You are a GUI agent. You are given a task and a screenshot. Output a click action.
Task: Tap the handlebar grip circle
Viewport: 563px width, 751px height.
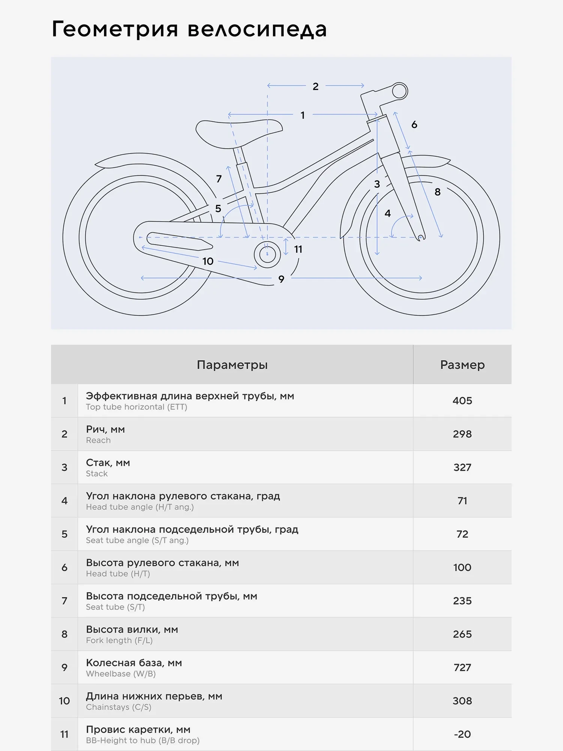(400, 91)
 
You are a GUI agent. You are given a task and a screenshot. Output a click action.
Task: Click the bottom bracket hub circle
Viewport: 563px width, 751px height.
(267, 254)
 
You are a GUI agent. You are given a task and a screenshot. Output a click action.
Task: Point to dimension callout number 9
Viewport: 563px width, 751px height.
(281, 279)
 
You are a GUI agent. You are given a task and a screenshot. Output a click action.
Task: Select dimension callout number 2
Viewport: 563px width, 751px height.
(315, 86)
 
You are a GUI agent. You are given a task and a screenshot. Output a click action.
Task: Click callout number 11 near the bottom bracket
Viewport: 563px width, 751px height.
(298, 249)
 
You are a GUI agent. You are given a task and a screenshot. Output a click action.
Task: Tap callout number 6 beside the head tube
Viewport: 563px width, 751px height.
(414, 125)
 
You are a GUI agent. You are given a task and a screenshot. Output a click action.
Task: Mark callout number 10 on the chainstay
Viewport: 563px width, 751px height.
(208, 261)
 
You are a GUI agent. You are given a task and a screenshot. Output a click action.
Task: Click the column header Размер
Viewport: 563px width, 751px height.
(462, 365)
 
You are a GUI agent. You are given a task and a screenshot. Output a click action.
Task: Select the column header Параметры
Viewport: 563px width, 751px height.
(232, 365)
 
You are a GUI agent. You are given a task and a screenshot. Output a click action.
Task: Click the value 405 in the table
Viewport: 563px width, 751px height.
(462, 401)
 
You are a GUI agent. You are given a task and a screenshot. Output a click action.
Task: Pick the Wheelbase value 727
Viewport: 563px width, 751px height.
(462, 667)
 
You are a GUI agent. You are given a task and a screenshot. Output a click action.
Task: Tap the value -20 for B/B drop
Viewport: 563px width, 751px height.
(462, 734)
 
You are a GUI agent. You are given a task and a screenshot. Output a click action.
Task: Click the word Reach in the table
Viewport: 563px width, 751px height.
(98, 440)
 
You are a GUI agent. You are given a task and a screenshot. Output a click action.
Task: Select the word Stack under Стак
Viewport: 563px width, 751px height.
(97, 474)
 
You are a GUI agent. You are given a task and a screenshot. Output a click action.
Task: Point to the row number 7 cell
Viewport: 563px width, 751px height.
(65, 601)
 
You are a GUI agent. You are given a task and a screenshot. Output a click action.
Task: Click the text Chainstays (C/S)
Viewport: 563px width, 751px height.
(119, 707)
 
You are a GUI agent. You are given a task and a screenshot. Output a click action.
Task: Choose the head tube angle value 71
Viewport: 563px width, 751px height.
(462, 501)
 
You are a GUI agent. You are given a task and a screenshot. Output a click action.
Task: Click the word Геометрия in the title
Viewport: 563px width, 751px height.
(115, 29)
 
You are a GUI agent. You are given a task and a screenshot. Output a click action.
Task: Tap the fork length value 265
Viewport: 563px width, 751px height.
(462, 634)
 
